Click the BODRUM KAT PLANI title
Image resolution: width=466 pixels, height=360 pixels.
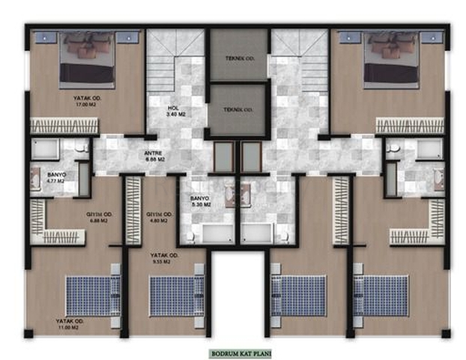239,351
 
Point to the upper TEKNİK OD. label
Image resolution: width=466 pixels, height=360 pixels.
238,58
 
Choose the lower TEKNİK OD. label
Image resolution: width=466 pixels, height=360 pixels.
238,109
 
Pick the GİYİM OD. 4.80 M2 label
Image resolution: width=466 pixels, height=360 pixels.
159,217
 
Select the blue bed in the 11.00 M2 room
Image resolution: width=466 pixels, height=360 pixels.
91,295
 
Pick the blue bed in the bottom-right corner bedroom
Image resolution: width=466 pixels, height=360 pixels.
381,295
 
